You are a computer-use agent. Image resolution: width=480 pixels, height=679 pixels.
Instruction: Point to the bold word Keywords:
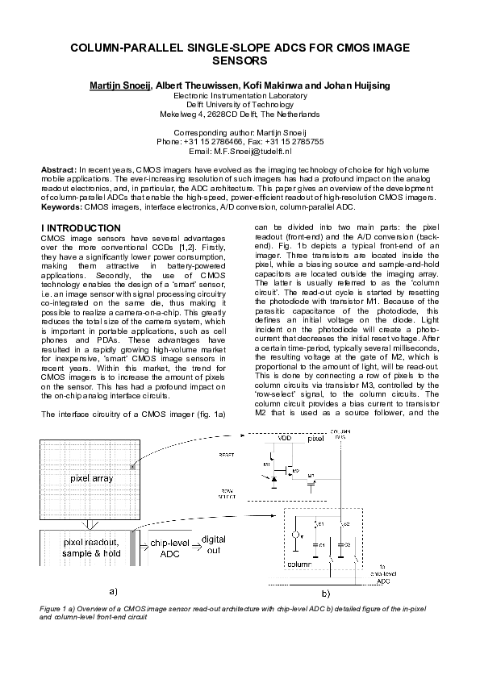point(61,207)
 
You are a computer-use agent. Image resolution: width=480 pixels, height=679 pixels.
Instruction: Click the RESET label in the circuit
point(227,455)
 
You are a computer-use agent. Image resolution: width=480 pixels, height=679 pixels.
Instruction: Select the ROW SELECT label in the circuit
point(227,493)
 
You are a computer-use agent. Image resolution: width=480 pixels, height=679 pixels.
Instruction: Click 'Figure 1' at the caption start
point(56,606)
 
